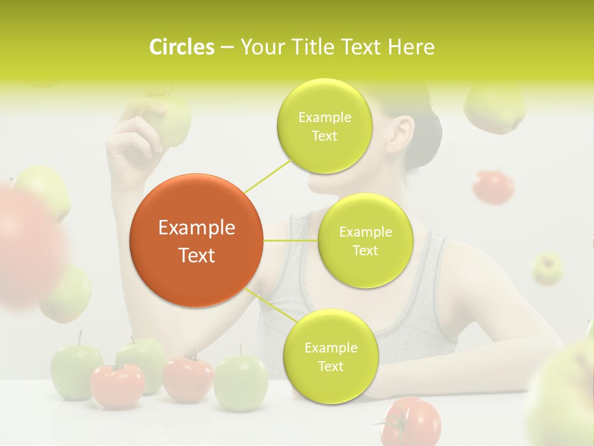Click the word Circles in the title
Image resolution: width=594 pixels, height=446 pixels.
(181, 47)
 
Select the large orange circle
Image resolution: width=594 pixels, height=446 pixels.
(196, 240)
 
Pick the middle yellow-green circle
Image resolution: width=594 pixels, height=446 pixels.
(365, 241)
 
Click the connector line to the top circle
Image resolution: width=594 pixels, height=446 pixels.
(267, 175)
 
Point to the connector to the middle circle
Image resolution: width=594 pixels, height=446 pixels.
(290, 240)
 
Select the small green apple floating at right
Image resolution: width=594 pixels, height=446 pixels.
(548, 268)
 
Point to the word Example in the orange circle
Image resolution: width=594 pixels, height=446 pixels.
(196, 228)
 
